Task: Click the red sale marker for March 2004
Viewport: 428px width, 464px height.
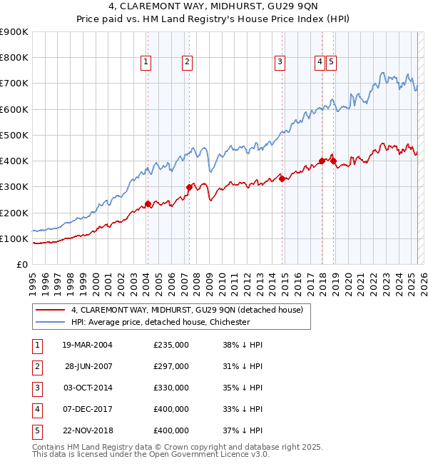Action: [148, 203]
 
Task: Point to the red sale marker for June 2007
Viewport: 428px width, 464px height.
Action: [189, 187]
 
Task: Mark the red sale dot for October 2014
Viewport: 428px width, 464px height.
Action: [282, 178]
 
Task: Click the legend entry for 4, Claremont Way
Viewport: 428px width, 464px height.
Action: [187, 310]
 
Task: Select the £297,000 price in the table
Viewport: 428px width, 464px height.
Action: [171, 366]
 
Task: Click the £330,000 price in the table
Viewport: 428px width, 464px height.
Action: [171, 388]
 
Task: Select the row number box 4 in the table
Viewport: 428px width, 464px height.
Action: [36, 409]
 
